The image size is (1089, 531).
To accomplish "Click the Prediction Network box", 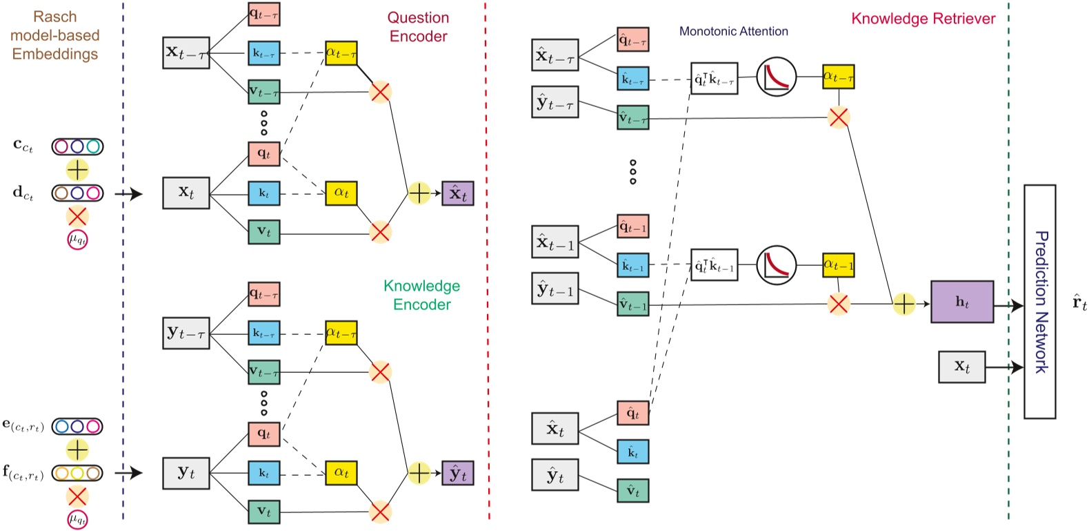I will (1039, 302).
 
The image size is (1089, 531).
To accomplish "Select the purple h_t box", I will (962, 302).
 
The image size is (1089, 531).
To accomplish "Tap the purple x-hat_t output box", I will (458, 193).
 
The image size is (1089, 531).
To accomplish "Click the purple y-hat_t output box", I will (458, 474).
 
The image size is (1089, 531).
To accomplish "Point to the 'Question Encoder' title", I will (418, 27).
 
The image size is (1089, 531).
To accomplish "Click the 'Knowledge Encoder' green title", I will (421, 295).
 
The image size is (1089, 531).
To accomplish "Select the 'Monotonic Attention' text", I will (733, 31).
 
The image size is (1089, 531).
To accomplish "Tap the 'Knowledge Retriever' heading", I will (923, 19).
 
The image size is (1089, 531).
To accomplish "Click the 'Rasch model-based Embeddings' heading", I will (55, 35).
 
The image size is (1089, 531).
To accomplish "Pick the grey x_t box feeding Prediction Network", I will (961, 367).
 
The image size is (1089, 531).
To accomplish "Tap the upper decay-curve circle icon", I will (777, 77).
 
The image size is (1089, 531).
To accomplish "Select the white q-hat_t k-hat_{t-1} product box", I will (714, 265).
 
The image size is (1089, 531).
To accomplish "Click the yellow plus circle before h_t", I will (903, 304).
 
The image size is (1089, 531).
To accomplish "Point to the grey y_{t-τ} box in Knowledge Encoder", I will (186, 334).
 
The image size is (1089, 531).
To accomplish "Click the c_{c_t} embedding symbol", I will (23, 146).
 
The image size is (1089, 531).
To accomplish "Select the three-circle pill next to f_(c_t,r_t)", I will (77, 474).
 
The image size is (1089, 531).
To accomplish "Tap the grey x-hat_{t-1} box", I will (555, 242).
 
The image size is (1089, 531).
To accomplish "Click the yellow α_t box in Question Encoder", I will (341, 193).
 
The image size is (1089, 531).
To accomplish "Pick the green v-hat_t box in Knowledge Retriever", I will (632, 491).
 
